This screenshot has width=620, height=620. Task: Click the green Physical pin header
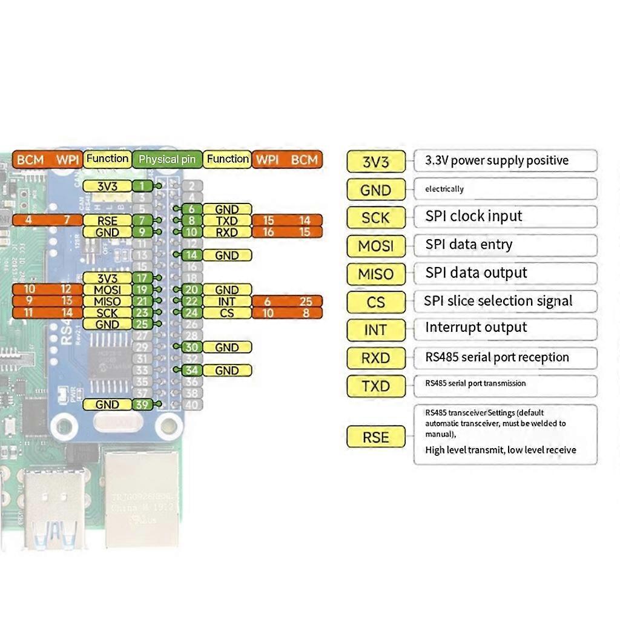167,159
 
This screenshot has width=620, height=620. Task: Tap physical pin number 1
142,186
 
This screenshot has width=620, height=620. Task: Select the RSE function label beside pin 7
107,221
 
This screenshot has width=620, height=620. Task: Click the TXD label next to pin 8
227,221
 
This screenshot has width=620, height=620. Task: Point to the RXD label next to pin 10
227,232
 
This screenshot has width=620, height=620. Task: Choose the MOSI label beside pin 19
107,290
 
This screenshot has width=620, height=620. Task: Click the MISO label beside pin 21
107,302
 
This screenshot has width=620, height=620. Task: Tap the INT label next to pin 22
227,302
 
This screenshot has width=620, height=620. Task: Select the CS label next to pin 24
227,313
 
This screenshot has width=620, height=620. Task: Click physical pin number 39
142,404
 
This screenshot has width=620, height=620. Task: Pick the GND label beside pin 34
227,371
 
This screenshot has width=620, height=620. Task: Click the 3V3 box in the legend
375,162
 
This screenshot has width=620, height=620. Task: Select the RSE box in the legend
375,437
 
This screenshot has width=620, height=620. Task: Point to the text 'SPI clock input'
473,216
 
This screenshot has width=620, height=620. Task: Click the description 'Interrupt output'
476,328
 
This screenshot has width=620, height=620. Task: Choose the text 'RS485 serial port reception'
497,357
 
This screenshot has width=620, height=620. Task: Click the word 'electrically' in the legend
444,189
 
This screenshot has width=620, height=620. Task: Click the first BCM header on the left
30,159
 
